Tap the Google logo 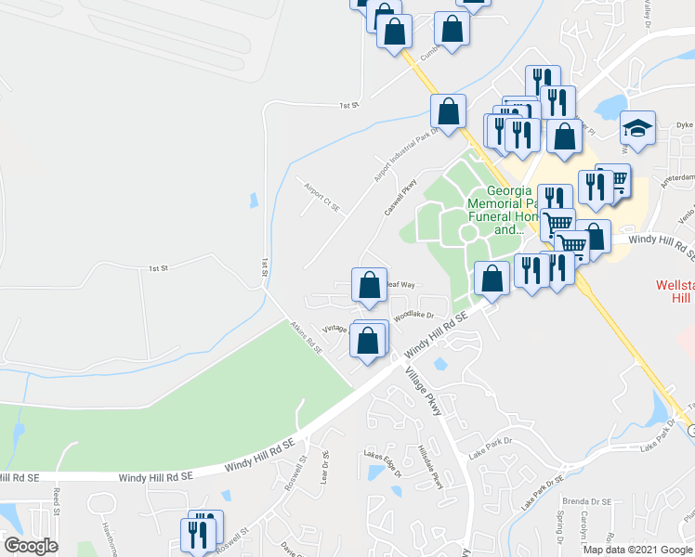pos(30,546)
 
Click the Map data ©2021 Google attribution pos(637,550)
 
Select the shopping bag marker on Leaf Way pos(369,285)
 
